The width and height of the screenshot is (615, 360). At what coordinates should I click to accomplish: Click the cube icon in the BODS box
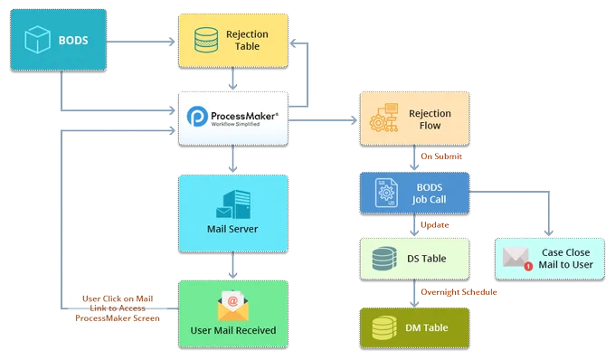coord(37,40)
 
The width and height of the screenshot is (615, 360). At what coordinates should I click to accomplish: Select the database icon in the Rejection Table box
coord(206,40)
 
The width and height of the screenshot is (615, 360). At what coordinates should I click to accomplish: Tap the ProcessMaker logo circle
coord(197,116)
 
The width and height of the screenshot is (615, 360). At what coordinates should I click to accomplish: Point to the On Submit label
coord(441,156)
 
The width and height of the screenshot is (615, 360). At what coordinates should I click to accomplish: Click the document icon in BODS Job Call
coord(386,193)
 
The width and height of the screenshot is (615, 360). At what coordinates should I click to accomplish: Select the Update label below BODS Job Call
coord(435,224)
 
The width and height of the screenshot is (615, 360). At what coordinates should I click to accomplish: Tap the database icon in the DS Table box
coord(384,259)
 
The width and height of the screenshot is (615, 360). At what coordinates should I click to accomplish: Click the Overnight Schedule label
coord(459,292)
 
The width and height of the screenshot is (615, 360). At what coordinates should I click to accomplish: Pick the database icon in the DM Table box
coord(384,327)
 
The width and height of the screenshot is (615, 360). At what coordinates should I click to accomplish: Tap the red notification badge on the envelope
coord(528,266)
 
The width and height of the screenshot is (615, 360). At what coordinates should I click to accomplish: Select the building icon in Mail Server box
coord(233,204)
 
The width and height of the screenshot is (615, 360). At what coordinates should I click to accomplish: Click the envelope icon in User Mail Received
coord(233,306)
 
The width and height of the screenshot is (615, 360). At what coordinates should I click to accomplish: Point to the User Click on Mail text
coord(118,298)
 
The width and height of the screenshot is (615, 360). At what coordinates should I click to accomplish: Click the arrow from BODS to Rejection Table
coord(141,42)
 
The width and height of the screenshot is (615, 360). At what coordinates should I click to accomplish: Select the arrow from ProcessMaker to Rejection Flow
coord(322,120)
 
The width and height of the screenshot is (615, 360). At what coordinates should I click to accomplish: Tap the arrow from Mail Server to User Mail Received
coord(233,266)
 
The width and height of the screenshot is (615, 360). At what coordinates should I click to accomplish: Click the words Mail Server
coord(232,229)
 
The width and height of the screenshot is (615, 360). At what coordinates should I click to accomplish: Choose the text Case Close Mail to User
coord(565,259)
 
